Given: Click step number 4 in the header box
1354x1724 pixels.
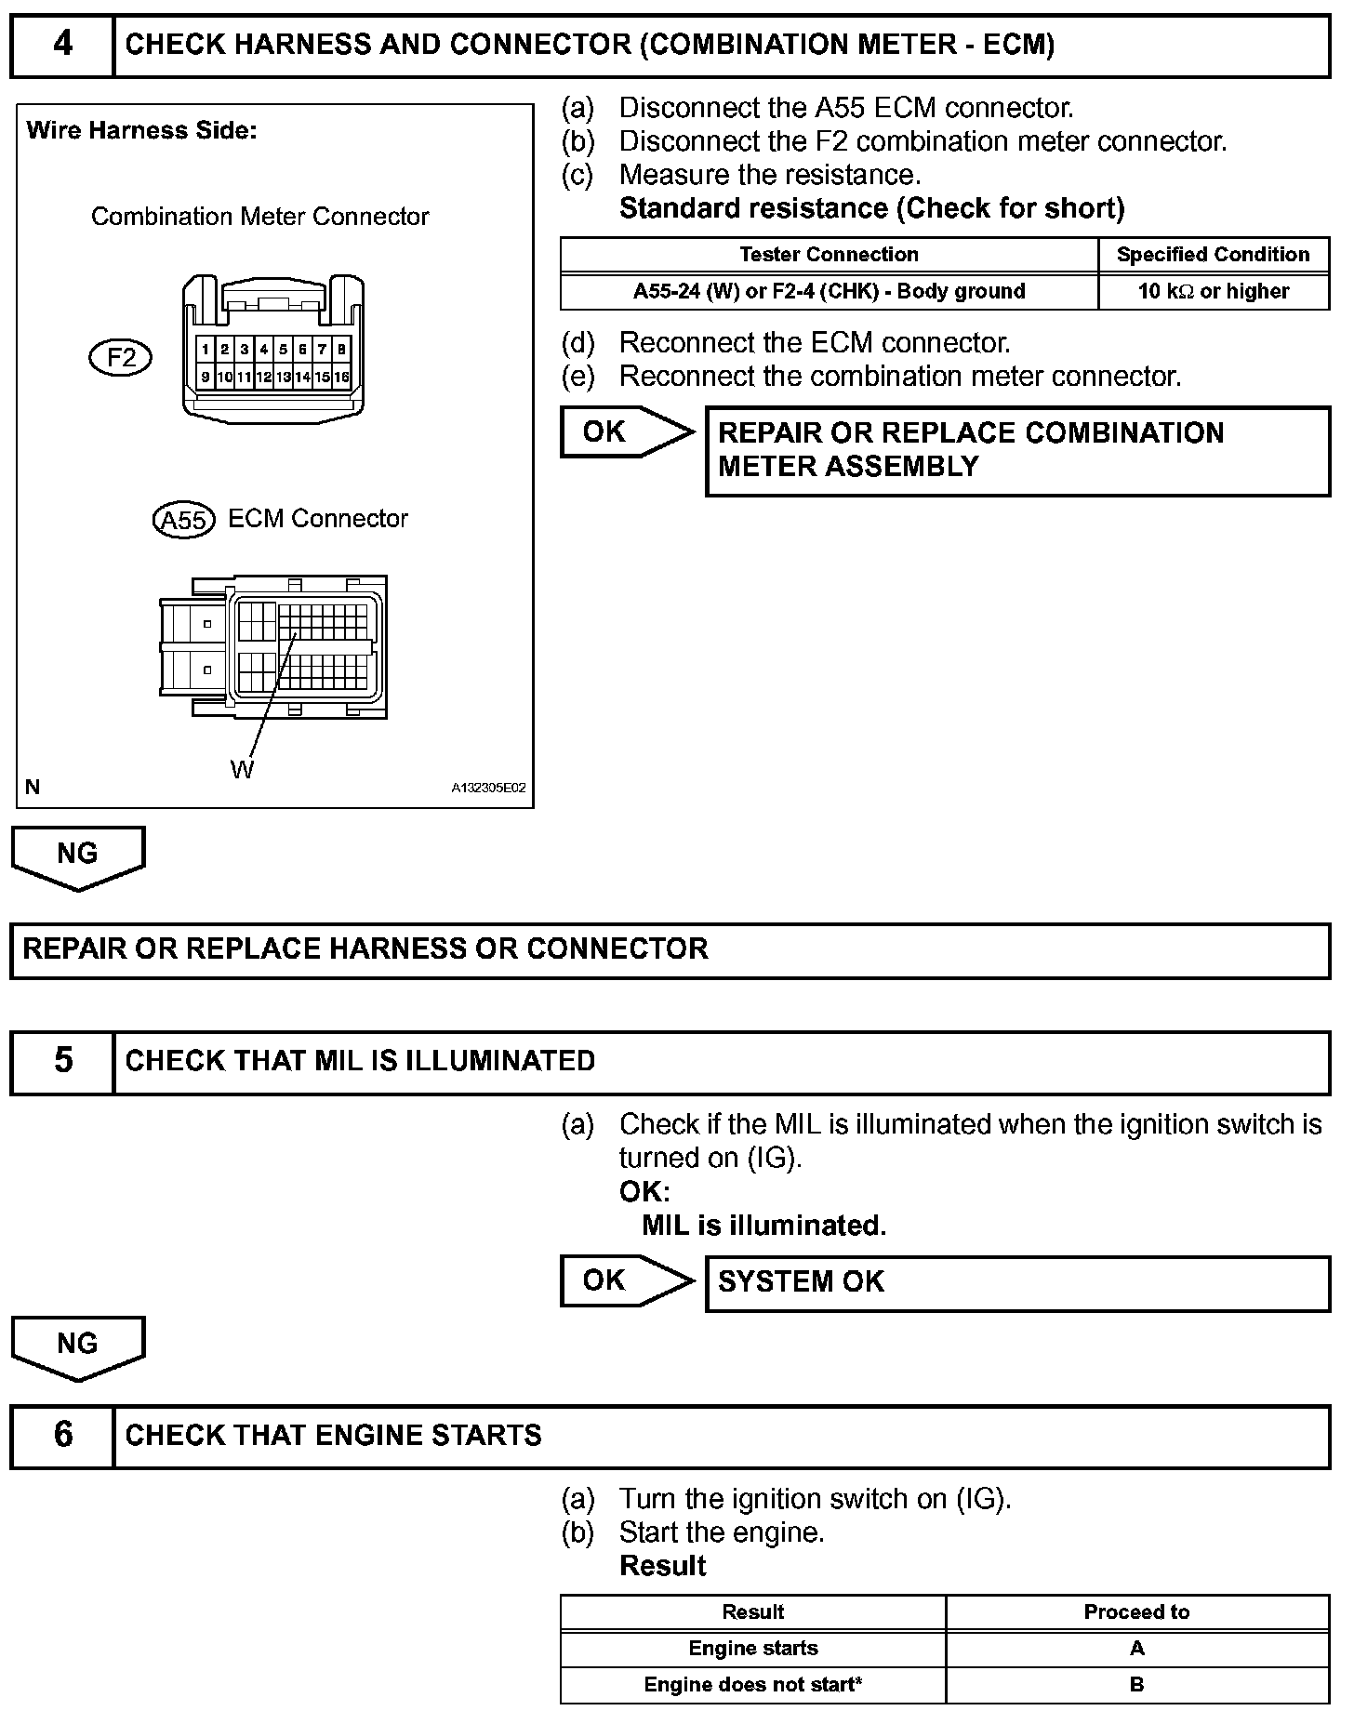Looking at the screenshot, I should point(62,45).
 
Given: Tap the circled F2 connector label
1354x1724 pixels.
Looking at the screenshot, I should point(121,358).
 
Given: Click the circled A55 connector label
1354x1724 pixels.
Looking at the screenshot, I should point(183,520).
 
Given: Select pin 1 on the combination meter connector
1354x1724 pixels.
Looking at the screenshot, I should point(205,350).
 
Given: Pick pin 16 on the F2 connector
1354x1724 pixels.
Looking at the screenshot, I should point(342,377).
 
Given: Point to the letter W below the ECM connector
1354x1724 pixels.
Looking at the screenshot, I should point(242,770).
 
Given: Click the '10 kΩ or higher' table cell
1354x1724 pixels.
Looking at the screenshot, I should point(1213,291).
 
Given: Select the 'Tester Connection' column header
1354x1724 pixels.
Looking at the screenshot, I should point(829,255).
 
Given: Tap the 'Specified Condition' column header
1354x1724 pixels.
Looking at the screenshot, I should point(1213,255).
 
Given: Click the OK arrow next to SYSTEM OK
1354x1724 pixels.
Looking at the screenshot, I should point(625,1280).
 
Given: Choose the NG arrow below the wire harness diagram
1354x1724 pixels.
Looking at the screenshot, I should point(78,855).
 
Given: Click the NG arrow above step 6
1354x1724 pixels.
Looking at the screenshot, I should point(78,1346).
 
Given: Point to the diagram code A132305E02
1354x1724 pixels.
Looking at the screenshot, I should point(488,788).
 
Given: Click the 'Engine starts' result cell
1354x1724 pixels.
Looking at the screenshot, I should point(753,1649).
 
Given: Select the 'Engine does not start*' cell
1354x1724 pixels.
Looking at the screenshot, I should point(753,1685).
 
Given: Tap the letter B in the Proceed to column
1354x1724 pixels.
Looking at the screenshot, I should point(1136,1685).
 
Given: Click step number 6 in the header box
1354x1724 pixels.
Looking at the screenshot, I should point(62,1434).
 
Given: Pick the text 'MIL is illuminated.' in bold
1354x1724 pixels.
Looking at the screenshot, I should point(763,1226).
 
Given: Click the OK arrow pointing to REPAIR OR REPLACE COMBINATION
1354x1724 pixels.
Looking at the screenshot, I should point(625,432).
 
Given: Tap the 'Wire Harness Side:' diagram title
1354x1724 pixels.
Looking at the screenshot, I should point(141,131).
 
